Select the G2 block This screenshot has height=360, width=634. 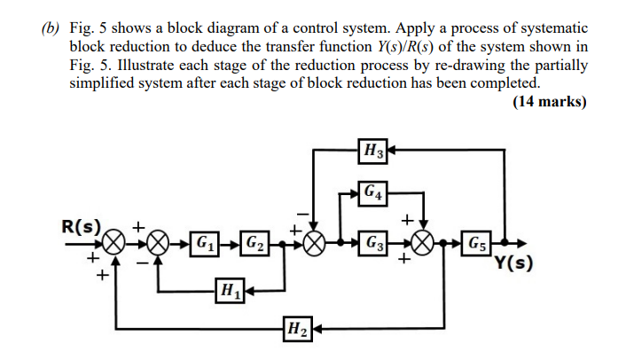click(x=254, y=241)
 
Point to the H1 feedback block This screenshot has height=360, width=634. click(x=229, y=289)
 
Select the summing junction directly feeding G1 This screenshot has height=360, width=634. click(x=159, y=241)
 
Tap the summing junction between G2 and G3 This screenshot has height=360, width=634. click(x=313, y=241)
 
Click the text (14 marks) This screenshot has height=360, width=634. click(x=550, y=102)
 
